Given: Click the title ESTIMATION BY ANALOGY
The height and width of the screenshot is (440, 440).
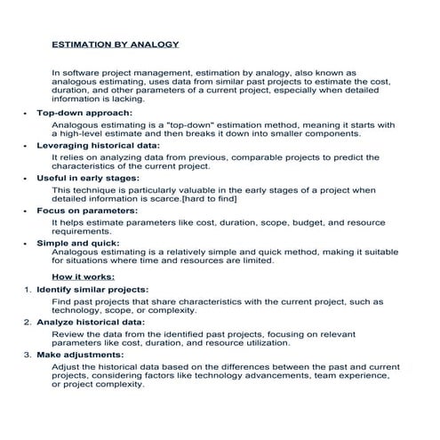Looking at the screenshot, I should (116, 44).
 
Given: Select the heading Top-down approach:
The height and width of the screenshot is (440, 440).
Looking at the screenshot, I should (85, 114).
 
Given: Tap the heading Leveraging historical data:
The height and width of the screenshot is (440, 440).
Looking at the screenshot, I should (98, 145).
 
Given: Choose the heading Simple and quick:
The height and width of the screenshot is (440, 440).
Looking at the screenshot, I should (79, 242).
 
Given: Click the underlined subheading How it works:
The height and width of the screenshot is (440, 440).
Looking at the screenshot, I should (82, 276).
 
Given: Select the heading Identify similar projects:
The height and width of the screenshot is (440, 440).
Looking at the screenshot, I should (92, 290).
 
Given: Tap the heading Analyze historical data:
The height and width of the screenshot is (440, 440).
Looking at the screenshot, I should (91, 322).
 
